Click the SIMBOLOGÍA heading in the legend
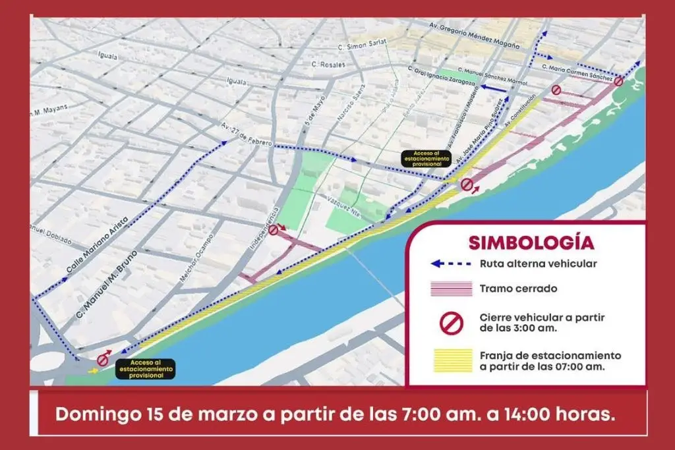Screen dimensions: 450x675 [x=531, y=242]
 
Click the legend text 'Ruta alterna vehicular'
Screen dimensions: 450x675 [x=538, y=264]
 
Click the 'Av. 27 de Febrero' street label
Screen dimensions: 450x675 [x=246, y=136]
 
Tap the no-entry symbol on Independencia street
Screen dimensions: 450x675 [x=274, y=230]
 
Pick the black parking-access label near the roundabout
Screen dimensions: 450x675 [x=145, y=368]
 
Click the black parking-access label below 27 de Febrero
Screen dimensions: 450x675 [x=427, y=159]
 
